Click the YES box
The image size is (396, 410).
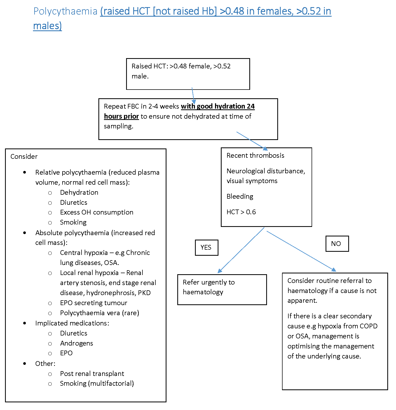click(x=206, y=248)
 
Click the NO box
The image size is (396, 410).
click(x=337, y=244)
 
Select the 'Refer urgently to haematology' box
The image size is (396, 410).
click(x=222, y=290)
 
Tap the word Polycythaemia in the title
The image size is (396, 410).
click(x=65, y=11)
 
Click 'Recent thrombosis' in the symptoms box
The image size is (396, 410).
click(x=255, y=155)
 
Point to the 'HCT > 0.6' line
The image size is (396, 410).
click(x=241, y=212)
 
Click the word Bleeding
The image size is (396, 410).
click(x=240, y=196)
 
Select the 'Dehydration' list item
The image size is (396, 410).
click(x=79, y=192)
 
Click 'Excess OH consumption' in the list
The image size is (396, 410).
click(x=97, y=212)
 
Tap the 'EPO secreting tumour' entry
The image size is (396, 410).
click(x=93, y=303)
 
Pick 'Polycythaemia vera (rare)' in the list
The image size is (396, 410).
click(x=99, y=313)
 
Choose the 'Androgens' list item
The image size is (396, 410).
click(x=77, y=343)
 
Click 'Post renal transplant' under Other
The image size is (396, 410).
click(x=92, y=374)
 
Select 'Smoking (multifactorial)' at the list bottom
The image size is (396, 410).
click(x=97, y=383)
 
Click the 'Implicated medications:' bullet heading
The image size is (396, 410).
click(x=72, y=323)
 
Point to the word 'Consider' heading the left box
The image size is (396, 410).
click(x=24, y=156)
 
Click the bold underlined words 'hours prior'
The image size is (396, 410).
click(x=121, y=116)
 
